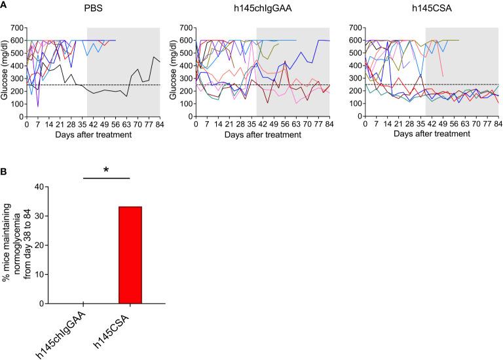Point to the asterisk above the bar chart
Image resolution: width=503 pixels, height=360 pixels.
pos(107,171)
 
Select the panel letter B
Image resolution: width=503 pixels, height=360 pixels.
pos(5,173)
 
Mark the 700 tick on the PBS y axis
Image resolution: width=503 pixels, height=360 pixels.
pos(18,28)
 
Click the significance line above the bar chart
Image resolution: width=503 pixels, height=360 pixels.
pos(107,177)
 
